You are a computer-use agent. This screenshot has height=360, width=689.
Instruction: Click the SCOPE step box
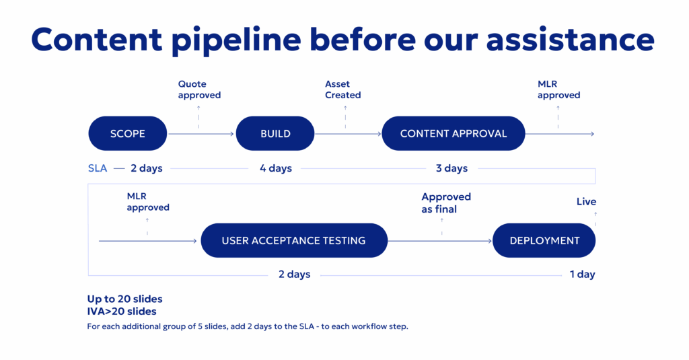127,133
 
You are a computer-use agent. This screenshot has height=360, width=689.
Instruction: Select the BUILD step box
275,133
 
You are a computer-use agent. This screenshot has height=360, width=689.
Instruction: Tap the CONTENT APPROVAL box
453,133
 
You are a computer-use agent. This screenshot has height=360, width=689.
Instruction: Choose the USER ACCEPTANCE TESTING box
293,240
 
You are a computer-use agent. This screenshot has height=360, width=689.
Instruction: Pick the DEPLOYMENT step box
544,240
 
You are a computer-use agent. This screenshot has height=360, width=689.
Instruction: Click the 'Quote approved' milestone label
199,89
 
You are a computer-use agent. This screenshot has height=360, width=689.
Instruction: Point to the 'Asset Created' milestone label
342,89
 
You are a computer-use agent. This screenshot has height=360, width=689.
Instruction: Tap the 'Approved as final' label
445,203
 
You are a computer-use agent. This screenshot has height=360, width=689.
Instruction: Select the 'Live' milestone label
586,202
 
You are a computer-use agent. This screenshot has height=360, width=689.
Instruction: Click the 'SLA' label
98,168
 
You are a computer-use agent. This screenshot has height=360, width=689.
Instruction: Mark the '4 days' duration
276,168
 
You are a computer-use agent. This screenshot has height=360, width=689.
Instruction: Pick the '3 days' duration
451,168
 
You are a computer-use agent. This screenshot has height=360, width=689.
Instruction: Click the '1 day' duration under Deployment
582,275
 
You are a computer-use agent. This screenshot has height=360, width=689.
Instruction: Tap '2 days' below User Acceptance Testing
294,275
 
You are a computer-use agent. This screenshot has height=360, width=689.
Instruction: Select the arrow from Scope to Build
201,134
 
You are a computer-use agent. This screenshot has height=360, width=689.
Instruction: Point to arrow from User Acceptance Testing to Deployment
440,240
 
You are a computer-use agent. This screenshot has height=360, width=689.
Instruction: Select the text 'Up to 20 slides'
124,299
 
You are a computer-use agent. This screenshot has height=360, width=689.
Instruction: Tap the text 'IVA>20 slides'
121,312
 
